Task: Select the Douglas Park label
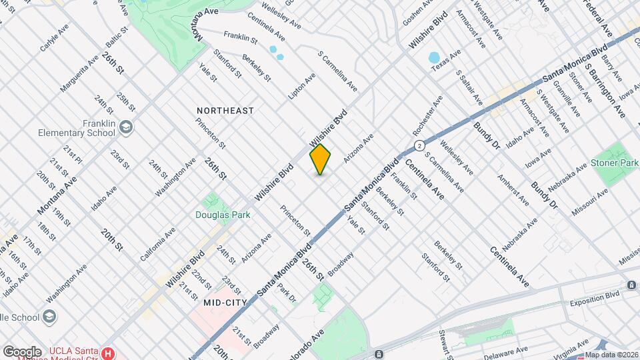pos(217,215)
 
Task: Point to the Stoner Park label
pos(614,163)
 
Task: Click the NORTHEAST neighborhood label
pos(225,111)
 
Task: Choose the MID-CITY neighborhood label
pos(226,303)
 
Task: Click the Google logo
pos(22,351)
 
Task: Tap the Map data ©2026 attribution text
pos(611,355)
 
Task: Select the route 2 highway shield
pos(419,145)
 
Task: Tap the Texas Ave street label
pos(446,61)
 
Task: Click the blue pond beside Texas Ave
pos(435,57)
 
